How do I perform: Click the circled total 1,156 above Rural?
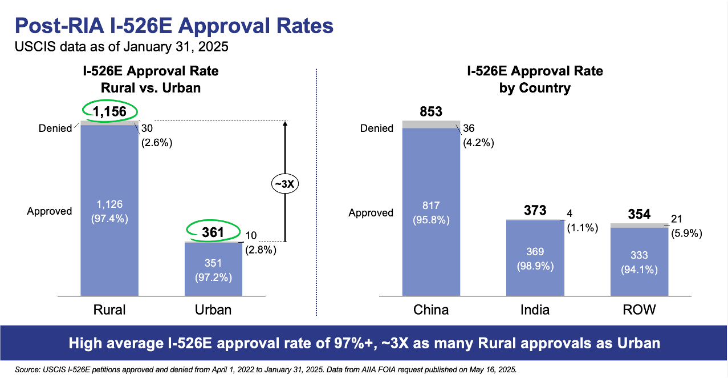(x=109, y=111)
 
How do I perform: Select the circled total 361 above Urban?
(x=213, y=232)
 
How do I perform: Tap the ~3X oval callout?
(x=283, y=184)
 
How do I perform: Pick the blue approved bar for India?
(x=535, y=258)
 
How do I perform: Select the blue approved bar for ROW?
(x=639, y=262)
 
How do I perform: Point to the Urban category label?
(x=213, y=310)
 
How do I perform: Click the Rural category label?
(x=109, y=310)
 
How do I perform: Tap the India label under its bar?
(x=535, y=310)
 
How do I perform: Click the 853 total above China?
(x=431, y=111)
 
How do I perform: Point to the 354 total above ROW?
(x=639, y=215)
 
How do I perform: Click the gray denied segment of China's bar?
(x=431, y=124)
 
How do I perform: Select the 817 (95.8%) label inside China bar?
(x=431, y=213)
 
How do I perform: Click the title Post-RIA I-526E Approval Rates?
(x=173, y=26)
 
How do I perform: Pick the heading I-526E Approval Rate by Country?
(x=534, y=79)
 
